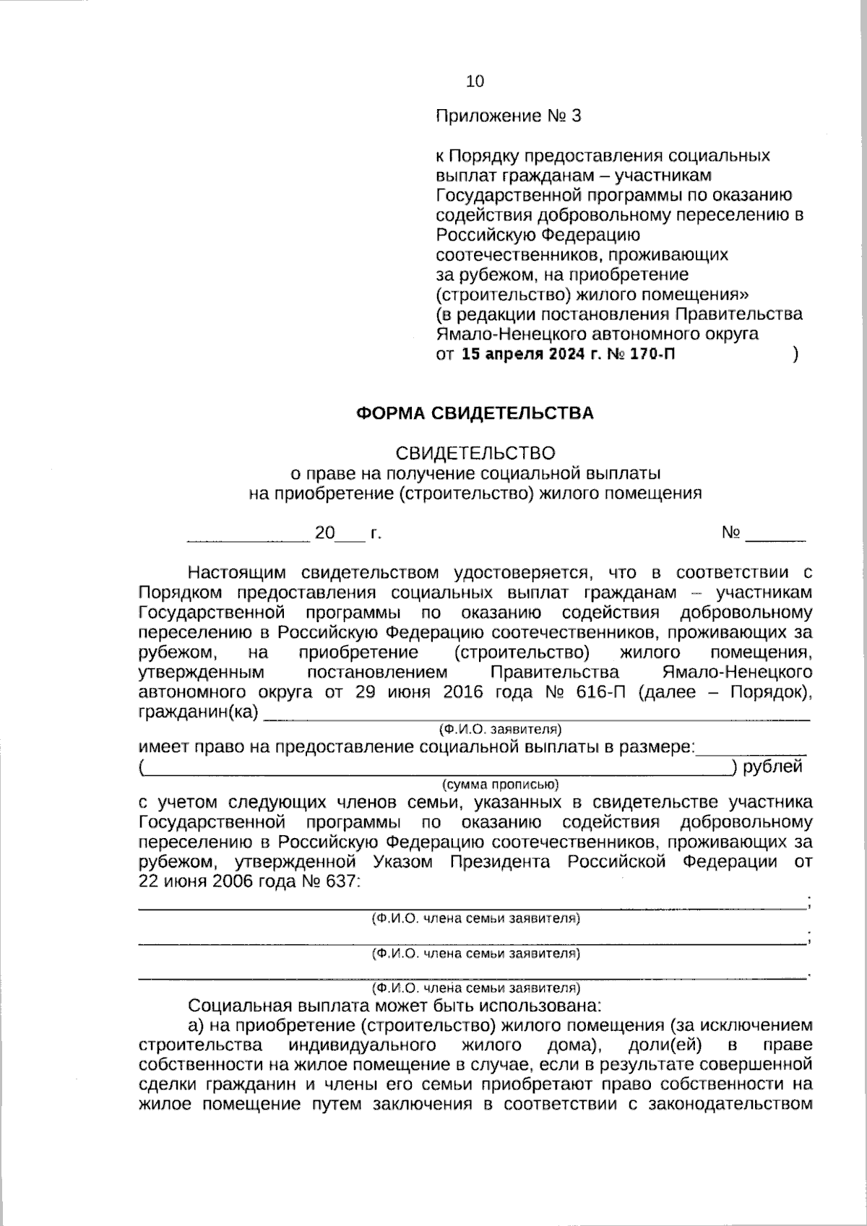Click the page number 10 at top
pos(475,81)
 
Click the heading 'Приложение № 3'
pos(508,116)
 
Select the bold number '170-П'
pos(653,355)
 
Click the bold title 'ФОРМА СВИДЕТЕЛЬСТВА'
pos(475,413)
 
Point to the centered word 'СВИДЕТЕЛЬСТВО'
pos(475,453)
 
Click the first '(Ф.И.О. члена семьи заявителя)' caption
pos(475,919)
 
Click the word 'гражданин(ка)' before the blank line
pos(198,712)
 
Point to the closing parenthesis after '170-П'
pos(795,355)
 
